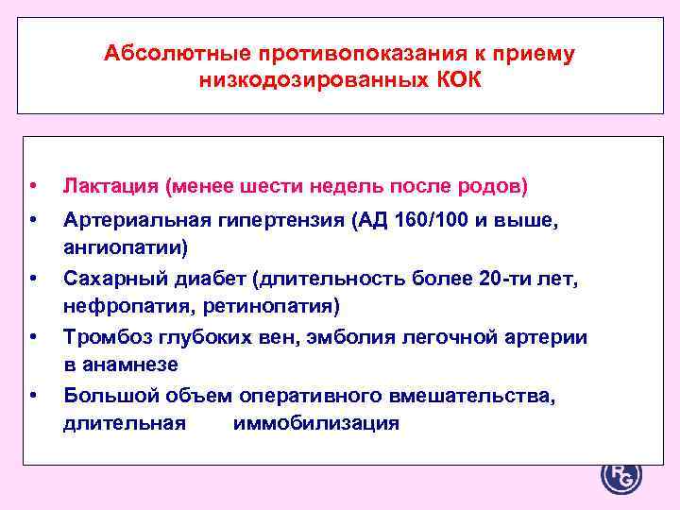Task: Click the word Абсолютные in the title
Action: pyautogui.click(x=167, y=53)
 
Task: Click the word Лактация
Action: pyautogui.click(x=110, y=186)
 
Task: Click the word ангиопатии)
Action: pyautogui.click(x=126, y=247)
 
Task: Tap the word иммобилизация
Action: pyautogui.click(x=315, y=423)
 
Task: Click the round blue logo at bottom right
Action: pyautogui.click(x=620, y=476)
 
